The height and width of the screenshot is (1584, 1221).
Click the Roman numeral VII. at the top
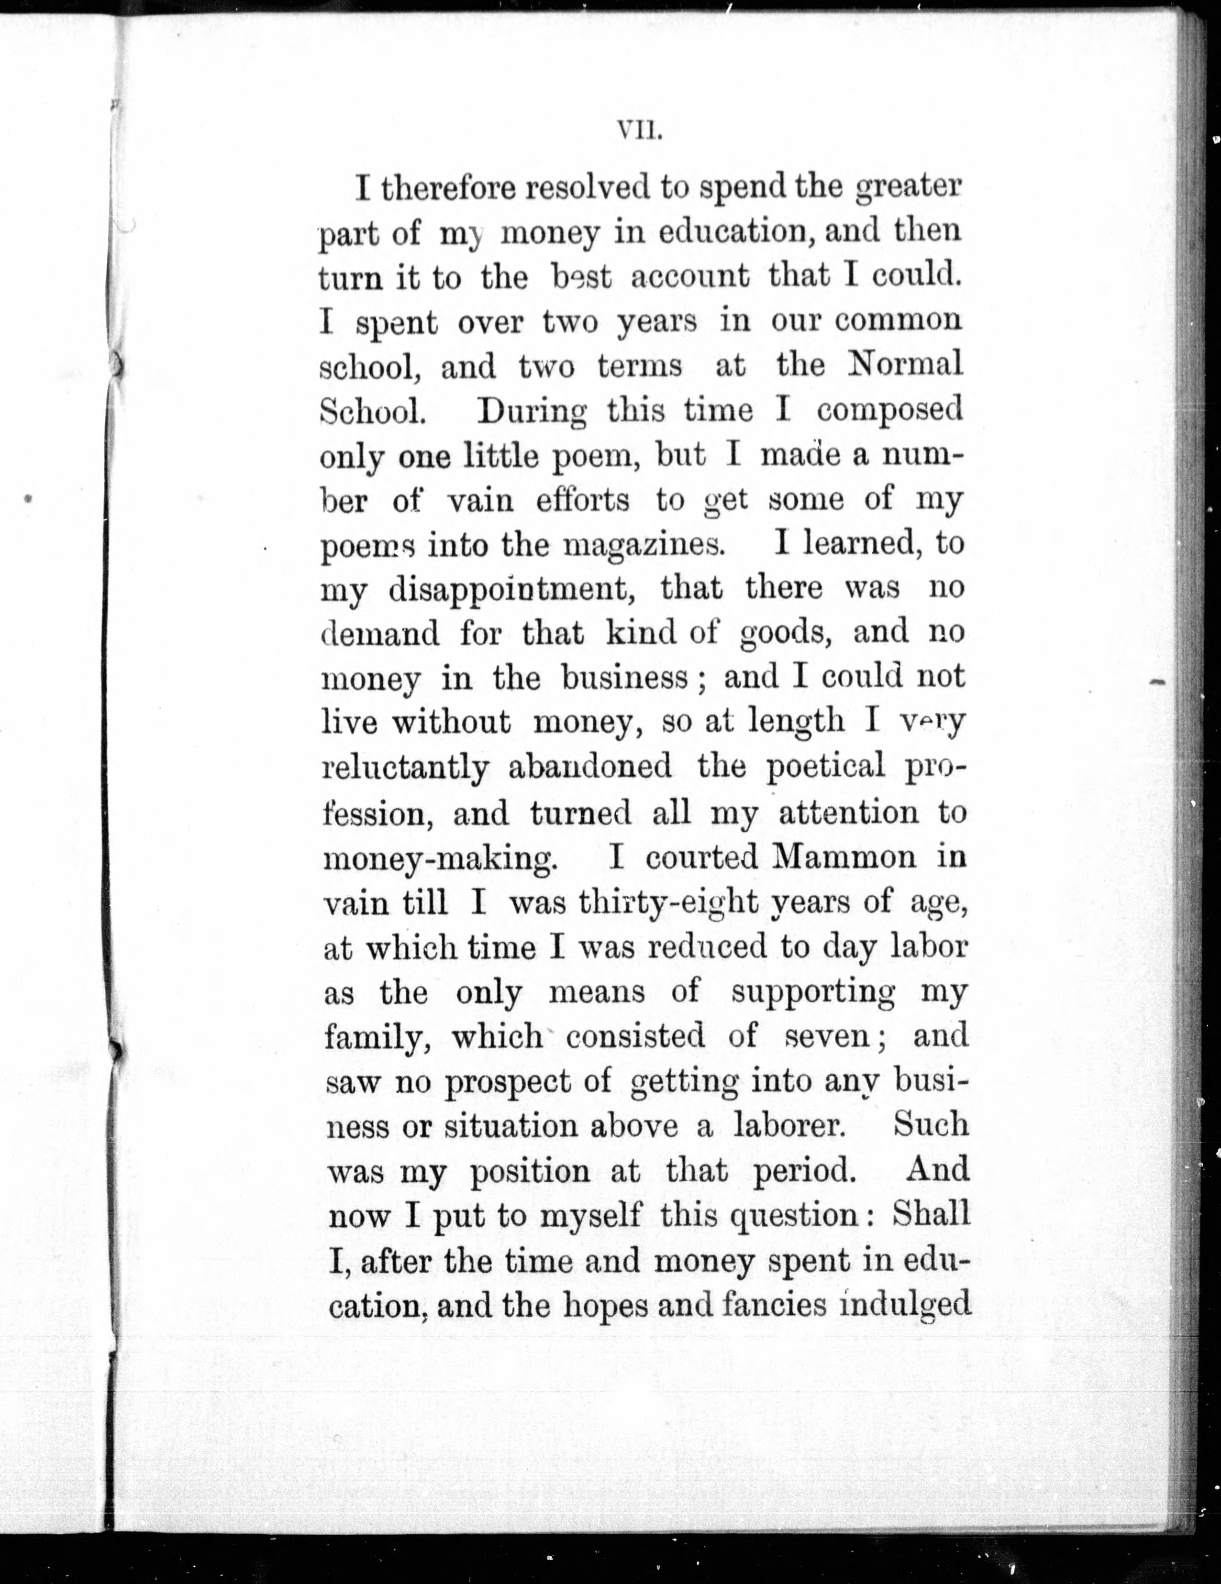637,133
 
